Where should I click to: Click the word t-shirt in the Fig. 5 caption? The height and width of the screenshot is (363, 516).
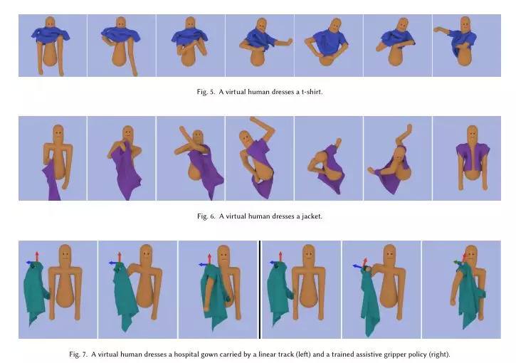312,92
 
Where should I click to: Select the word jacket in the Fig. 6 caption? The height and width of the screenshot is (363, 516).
312,216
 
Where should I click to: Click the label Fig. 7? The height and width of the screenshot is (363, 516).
78,354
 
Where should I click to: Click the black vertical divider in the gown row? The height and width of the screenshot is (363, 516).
260,290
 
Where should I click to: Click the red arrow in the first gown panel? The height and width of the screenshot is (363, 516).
37,257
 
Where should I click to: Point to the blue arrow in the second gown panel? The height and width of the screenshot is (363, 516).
113,263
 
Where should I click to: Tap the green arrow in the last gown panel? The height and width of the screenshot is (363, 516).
458,263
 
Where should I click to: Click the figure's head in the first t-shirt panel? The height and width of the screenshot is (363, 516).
50,23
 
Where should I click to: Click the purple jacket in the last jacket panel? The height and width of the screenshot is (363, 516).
473,156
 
